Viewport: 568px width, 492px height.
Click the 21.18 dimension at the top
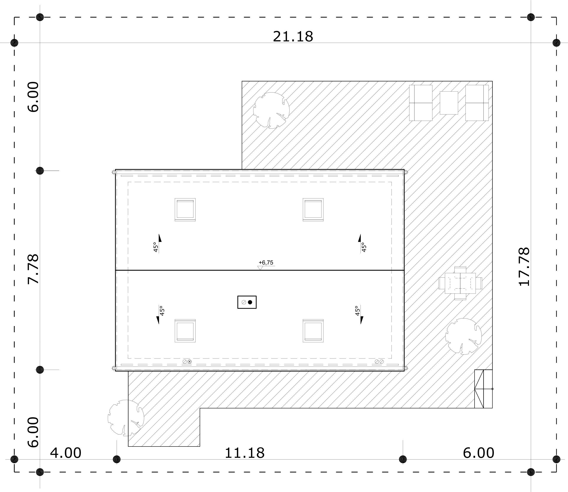pyautogui.click(x=293, y=37)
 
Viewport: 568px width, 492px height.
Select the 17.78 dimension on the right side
pyautogui.click(x=524, y=267)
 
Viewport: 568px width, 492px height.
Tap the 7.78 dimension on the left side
pyautogui.click(x=33, y=269)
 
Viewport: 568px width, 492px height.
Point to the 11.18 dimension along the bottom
pyautogui.click(x=245, y=453)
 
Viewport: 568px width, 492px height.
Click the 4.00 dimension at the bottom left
pyautogui.click(x=66, y=453)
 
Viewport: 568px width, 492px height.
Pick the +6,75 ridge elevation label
pyautogui.click(x=266, y=263)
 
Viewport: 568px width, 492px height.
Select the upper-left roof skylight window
pyautogui.click(x=185, y=209)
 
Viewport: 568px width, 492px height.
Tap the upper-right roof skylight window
pyautogui.click(x=313, y=209)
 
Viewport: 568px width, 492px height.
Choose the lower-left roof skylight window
pyautogui.click(x=185, y=331)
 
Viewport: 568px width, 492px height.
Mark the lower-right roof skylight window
pyautogui.click(x=313, y=331)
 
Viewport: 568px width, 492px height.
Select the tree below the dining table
pyautogui.click(x=464, y=337)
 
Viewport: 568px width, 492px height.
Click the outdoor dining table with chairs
pyautogui.click(x=460, y=283)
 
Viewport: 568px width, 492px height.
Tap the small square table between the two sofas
pyautogui.click(x=449, y=103)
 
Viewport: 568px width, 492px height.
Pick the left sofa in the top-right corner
pyautogui.click(x=421, y=103)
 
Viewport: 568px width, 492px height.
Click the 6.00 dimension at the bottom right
pyautogui.click(x=479, y=453)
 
